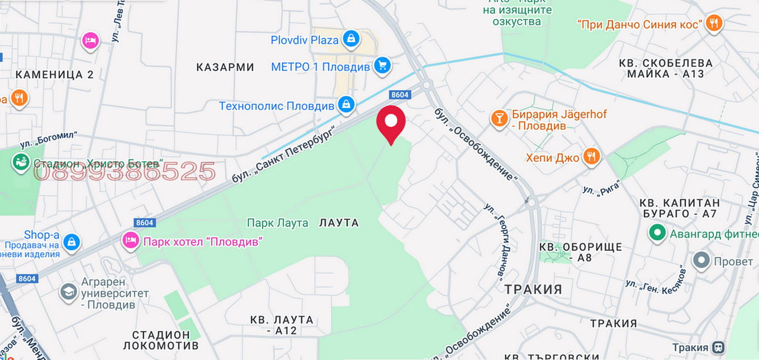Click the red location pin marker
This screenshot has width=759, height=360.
point(391,122)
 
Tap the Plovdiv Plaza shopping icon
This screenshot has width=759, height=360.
point(352,40)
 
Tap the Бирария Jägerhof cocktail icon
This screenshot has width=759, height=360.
point(499,119)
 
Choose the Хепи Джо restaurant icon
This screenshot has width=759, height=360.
point(591,157)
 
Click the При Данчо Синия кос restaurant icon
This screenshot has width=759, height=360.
point(714,24)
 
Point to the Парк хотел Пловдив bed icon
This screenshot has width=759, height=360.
point(129,241)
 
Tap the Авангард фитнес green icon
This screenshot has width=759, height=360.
point(656,233)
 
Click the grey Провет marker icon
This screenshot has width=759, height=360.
point(701,260)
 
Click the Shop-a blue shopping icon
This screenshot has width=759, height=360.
point(72,241)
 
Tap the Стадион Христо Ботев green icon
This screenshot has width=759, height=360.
point(21,163)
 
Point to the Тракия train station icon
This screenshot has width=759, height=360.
point(718,347)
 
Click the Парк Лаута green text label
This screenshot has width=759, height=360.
point(278,223)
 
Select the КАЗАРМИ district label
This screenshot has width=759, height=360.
point(225,67)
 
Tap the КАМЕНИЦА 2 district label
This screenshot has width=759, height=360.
point(55,74)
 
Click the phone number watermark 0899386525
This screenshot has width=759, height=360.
point(125,172)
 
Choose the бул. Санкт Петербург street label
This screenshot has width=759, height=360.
point(291,151)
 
